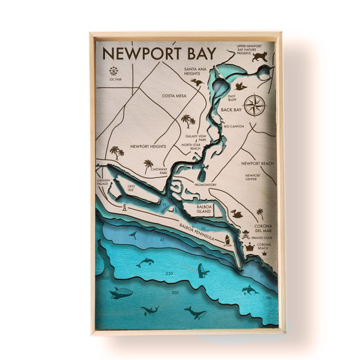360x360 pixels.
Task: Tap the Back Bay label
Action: point(231,110)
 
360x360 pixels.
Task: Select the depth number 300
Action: point(175,293)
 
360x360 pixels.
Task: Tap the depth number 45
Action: point(162,240)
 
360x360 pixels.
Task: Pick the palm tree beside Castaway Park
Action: point(148,164)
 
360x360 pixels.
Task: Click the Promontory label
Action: point(204,185)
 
